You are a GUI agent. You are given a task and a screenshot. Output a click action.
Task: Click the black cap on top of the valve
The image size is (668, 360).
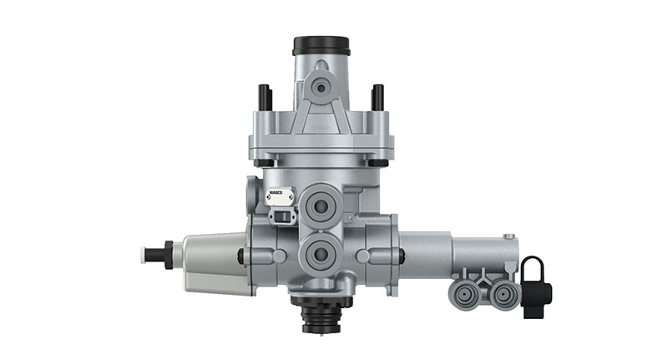pyautogui.click(x=321, y=45)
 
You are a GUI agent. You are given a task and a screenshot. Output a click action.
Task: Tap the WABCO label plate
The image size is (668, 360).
pyautogui.click(x=280, y=195)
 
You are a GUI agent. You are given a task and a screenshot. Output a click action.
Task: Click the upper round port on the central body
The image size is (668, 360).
pyautogui.click(x=320, y=205)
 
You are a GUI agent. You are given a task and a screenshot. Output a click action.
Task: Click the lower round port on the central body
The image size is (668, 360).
pyautogui.click(x=320, y=252)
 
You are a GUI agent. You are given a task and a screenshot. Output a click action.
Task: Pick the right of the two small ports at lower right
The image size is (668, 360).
pyautogui.click(x=502, y=293)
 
